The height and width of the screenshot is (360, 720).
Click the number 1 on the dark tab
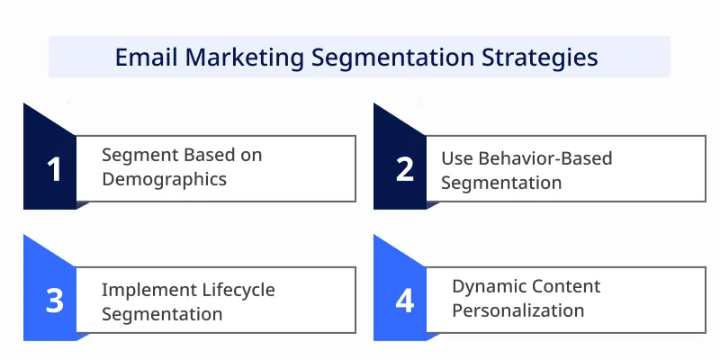55,168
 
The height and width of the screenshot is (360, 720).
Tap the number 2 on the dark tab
405,168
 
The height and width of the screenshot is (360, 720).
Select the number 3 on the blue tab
55,300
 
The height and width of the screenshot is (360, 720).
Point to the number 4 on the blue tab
405,300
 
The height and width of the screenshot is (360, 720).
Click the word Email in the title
146,57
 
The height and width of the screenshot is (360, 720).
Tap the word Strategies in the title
539,57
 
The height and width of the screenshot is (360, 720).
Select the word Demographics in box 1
164,178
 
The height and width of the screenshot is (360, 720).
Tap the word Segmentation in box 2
501,182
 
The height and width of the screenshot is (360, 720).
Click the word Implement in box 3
144,290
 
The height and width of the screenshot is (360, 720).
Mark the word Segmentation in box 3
162,314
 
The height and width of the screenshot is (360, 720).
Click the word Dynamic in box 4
487,286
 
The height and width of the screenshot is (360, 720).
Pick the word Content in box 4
564,286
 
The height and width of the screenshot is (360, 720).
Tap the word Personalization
518,310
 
